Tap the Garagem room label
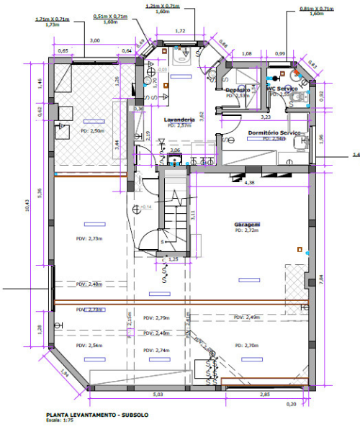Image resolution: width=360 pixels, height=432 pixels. [246, 225]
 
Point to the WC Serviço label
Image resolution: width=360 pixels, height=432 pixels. [282, 89]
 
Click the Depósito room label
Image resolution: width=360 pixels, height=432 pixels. [237, 89]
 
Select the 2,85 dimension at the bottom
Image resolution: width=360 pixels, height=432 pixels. [265, 395]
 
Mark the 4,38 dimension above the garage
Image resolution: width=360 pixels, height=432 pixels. [250, 184]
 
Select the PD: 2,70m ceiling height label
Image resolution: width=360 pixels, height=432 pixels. [247, 345]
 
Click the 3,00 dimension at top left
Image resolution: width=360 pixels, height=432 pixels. [94, 41]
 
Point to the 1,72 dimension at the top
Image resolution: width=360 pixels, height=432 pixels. [180, 32]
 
